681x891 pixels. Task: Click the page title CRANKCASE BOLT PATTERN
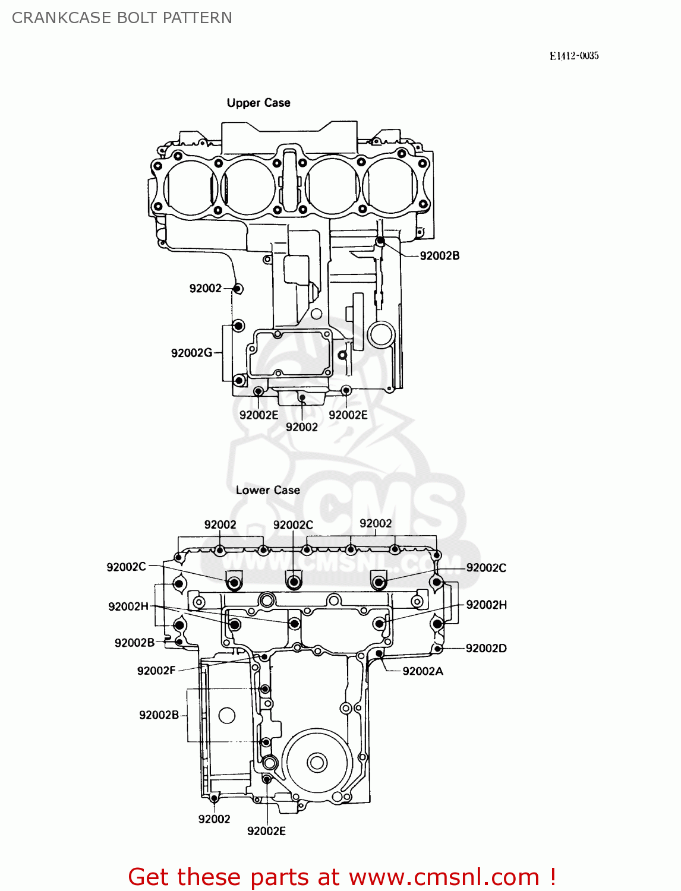tap(122, 18)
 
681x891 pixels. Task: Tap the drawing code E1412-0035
tap(573, 56)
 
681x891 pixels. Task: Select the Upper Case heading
tap(258, 103)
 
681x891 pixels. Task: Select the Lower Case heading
tap(267, 490)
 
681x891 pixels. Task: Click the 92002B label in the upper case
tap(439, 256)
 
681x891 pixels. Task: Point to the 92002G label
tap(191, 353)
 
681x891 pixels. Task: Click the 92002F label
tap(156, 671)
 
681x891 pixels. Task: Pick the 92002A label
tap(423, 671)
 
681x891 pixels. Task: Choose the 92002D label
tap(486, 648)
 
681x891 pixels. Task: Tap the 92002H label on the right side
tap(486, 605)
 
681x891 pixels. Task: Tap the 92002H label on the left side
tap(128, 606)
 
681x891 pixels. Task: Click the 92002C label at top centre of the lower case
tap(293, 525)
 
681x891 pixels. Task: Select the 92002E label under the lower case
tap(266, 831)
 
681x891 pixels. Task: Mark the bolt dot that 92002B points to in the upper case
tap(380, 241)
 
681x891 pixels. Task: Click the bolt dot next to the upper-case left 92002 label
tap(237, 289)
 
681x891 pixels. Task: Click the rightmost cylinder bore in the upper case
tap(390, 186)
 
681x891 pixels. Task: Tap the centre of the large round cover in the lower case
tap(317, 763)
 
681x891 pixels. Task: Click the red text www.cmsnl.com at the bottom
tap(443, 877)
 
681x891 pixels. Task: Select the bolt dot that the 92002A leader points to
tap(379, 654)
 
